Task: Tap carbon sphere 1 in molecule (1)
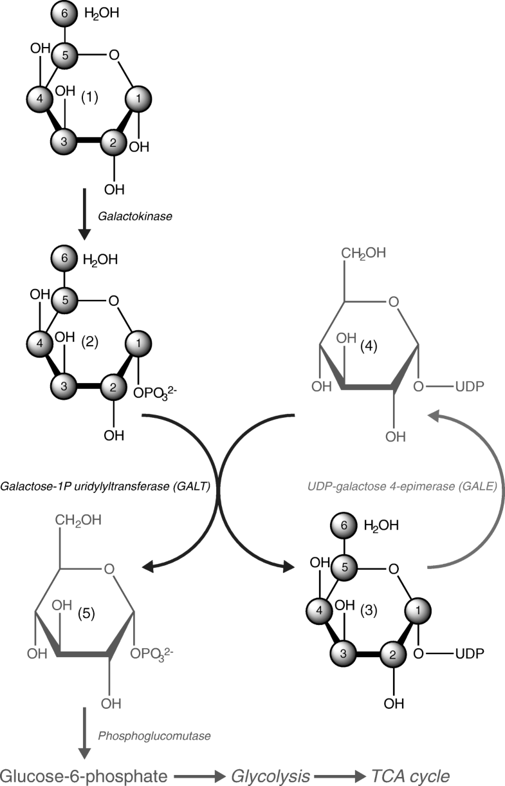click(139, 98)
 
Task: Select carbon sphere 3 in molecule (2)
click(63, 387)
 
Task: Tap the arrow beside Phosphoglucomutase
click(84, 734)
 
